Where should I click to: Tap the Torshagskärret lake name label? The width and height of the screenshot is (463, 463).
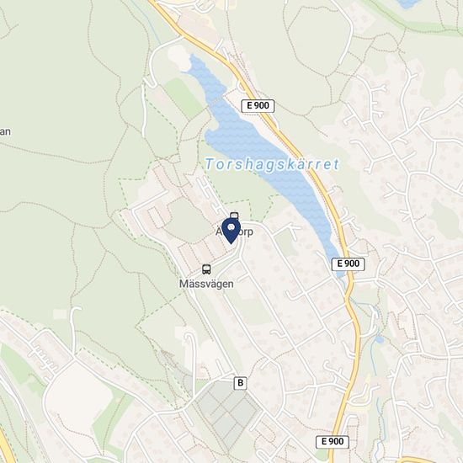271,164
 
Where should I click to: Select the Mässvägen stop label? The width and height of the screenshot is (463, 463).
206,284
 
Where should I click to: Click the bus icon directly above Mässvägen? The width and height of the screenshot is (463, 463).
206,269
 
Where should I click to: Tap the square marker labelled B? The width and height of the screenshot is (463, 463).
242,383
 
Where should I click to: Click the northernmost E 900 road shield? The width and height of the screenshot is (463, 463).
258,105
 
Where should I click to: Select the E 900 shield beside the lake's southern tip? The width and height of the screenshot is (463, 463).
348,263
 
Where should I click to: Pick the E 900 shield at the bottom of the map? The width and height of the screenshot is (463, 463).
333,442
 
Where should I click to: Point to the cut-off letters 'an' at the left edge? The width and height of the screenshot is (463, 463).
4,131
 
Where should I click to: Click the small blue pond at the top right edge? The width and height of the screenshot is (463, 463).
410,3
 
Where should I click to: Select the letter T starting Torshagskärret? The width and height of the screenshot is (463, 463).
207,164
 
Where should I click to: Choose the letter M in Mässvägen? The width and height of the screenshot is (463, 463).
184,284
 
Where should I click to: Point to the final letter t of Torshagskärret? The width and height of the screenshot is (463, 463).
335,164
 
